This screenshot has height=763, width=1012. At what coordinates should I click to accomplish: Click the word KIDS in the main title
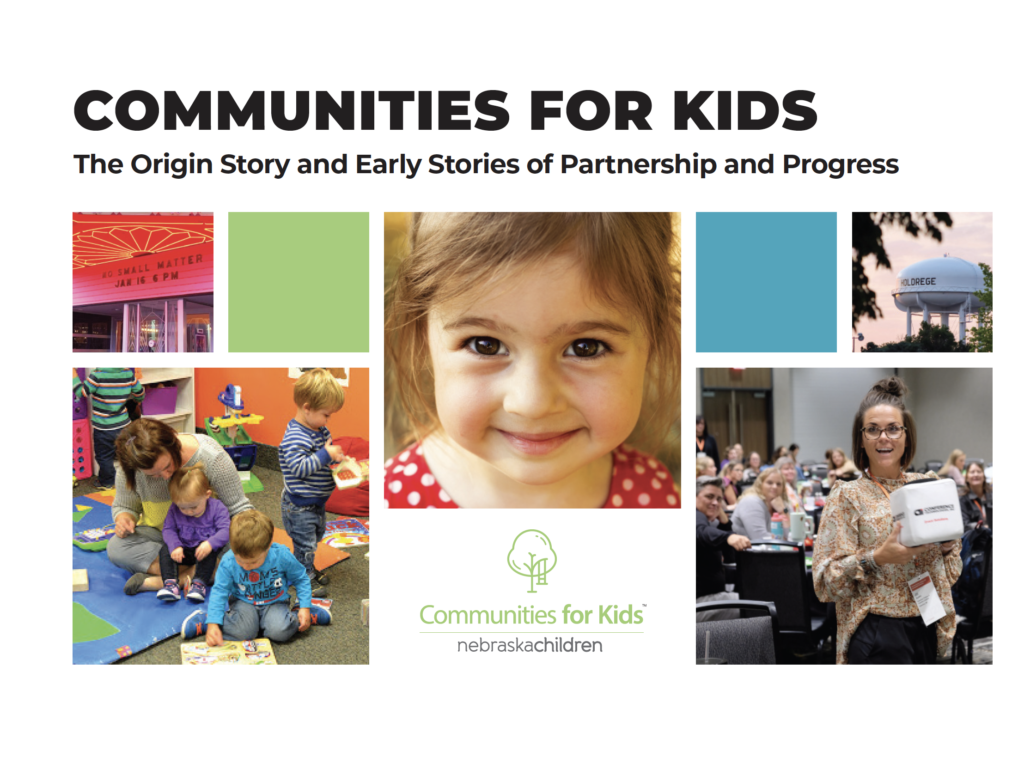(x=745, y=111)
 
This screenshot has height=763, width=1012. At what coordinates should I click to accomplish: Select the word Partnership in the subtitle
(x=639, y=165)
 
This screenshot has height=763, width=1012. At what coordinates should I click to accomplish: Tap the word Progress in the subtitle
(x=840, y=165)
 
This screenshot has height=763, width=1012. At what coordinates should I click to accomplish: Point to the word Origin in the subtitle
(x=171, y=165)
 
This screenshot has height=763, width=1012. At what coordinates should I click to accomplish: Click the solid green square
(x=299, y=282)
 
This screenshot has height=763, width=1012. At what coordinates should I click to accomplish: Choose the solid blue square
(x=766, y=282)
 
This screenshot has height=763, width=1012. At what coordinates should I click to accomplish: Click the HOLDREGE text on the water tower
(x=918, y=281)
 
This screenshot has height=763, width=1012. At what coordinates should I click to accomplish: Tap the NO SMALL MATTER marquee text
(x=152, y=266)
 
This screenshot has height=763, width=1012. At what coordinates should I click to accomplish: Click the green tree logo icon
(x=532, y=559)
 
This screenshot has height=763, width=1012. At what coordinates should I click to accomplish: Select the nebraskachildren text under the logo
(x=530, y=645)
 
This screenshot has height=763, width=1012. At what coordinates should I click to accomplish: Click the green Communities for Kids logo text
(x=531, y=615)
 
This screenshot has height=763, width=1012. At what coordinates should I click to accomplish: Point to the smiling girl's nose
(x=531, y=393)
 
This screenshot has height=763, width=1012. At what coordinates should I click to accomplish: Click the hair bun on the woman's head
(x=890, y=386)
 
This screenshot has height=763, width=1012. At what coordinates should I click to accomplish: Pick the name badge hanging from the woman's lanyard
(x=927, y=598)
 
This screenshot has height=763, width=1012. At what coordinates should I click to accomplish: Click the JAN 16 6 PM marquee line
(x=147, y=279)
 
